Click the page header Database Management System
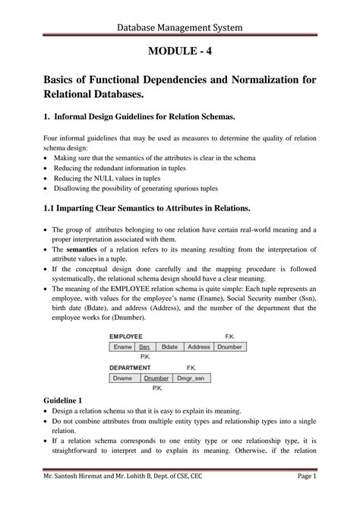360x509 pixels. [x=179, y=28]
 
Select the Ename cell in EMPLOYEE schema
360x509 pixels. [x=123, y=346]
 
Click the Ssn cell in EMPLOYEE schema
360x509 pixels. [x=144, y=346]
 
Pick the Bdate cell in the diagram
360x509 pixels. [x=169, y=346]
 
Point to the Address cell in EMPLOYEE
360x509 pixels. [x=198, y=346]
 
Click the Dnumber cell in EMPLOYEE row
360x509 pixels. [x=230, y=346]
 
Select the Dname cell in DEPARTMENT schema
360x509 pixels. [x=123, y=377]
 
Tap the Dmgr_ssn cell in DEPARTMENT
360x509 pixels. [x=191, y=377]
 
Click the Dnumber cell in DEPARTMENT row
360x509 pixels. [x=156, y=377]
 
